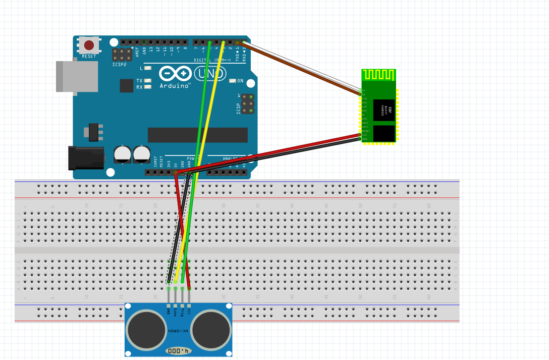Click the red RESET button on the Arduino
tap(89, 45)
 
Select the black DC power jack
tap(86, 158)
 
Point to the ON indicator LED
tap(232, 81)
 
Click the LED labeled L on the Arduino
tap(147, 68)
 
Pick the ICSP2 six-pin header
tap(122, 55)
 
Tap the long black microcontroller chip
tap(197, 135)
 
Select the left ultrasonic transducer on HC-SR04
tap(146, 330)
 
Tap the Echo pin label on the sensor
tap(175, 312)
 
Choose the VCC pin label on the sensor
tap(189, 312)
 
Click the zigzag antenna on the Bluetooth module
tap(378, 75)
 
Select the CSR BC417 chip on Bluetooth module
tap(383, 110)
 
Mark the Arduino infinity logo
tap(175, 74)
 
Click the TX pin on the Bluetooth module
tap(364, 90)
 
